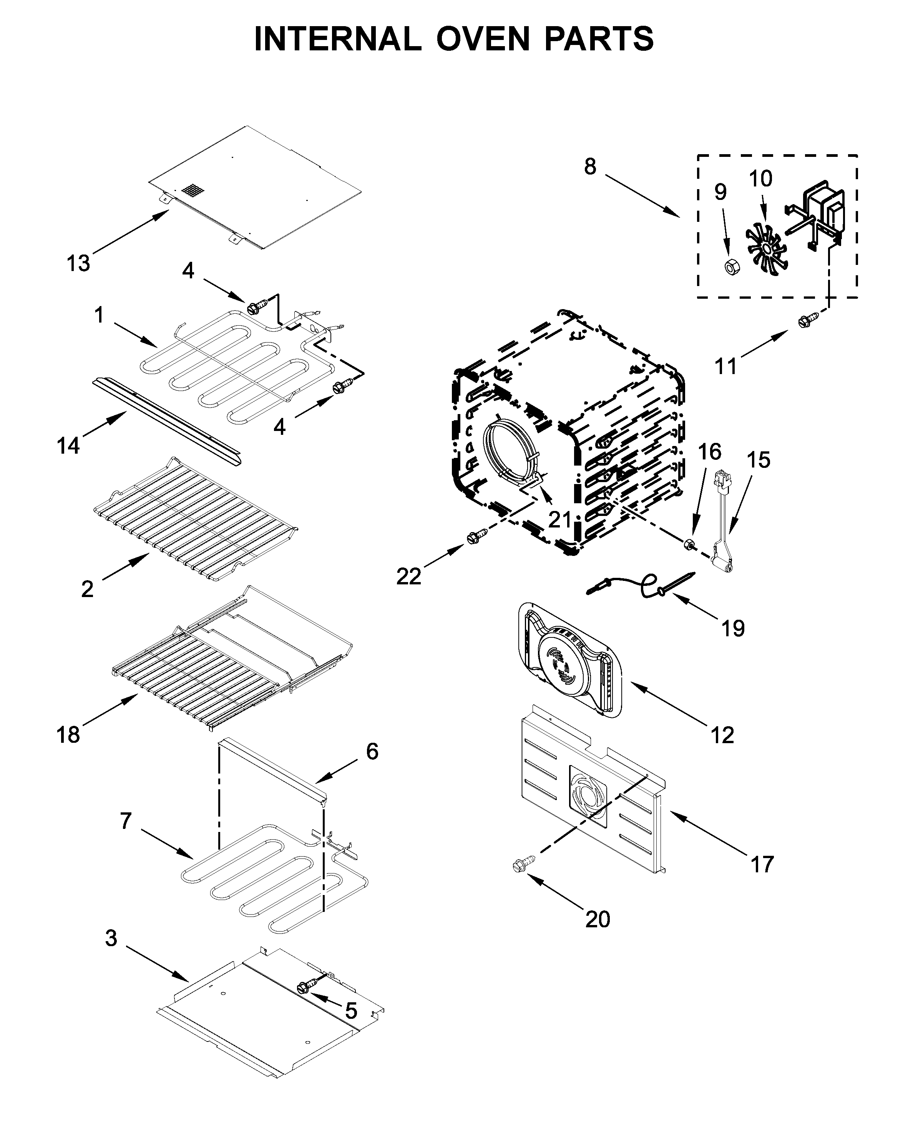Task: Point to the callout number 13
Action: (78, 264)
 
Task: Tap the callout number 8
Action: (590, 167)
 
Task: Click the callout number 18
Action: (68, 735)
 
